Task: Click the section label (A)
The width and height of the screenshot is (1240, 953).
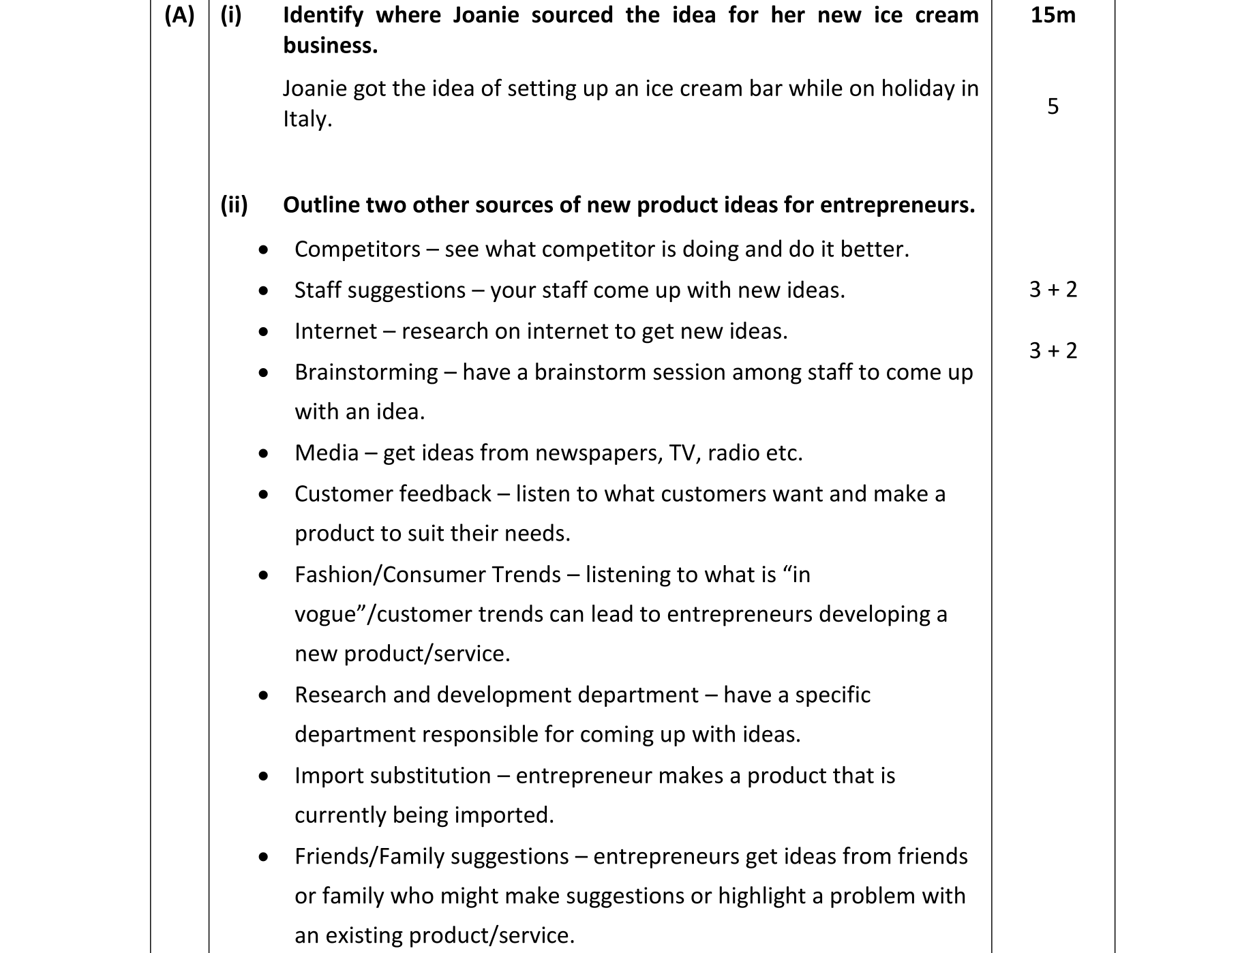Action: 179,15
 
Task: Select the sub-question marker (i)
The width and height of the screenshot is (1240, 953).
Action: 231,15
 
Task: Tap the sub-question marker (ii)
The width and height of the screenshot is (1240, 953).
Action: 234,205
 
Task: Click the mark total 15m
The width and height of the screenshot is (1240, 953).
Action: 1053,15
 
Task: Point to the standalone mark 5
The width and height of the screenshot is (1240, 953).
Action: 1053,106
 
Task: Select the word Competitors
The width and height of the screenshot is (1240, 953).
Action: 357,249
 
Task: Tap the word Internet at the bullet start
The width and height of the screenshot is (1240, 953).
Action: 335,331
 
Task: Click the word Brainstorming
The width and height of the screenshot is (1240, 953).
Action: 366,372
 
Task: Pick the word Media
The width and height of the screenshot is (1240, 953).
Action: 327,453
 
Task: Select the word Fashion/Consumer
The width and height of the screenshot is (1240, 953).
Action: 427,575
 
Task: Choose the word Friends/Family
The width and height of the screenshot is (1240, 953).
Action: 432,856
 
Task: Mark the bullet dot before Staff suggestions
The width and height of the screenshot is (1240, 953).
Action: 264,291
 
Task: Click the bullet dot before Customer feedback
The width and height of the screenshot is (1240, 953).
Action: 264,494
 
